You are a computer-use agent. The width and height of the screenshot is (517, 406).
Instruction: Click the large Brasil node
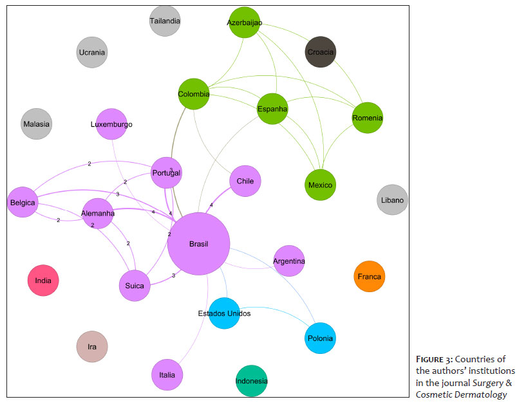coord(198,244)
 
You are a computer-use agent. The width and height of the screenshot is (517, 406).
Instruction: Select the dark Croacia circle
coord(320,51)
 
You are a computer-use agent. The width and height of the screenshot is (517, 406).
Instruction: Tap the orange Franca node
coord(369,277)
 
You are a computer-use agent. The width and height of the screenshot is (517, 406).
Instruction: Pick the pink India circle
coord(43,281)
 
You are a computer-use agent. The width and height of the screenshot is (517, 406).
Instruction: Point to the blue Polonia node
coord(319,338)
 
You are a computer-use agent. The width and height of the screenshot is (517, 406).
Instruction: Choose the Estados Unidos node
coord(224,313)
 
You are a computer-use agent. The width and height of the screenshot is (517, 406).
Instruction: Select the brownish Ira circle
coord(92,347)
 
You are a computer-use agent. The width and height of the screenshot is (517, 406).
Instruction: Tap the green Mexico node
coord(320,185)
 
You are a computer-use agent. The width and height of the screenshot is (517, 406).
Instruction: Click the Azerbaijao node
coord(244,23)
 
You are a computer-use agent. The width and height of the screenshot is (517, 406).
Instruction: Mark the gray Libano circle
coord(392,200)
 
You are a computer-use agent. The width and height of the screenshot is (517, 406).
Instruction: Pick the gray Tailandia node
coord(165,21)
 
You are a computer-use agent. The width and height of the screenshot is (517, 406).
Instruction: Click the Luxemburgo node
coord(111,124)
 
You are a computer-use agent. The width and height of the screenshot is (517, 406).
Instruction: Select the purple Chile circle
coord(245,181)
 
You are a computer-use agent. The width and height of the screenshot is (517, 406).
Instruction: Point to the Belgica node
coord(23,203)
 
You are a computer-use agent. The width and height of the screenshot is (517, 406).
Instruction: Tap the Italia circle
coord(167,374)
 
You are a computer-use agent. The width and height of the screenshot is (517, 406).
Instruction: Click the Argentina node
coord(288,261)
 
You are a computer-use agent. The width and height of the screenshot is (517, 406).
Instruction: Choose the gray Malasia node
coord(37,124)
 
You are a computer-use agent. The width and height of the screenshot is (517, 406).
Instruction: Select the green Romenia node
coord(368,118)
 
